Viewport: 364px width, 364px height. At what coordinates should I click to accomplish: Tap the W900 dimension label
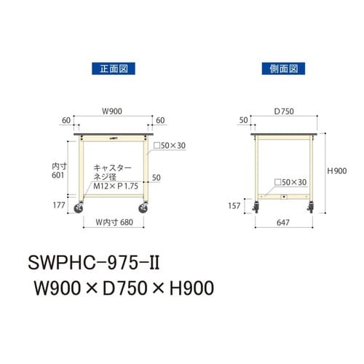coord(112,111)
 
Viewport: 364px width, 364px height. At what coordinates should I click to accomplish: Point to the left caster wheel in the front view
coord(79,210)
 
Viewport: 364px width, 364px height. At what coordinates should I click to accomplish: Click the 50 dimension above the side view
coord(243,118)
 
